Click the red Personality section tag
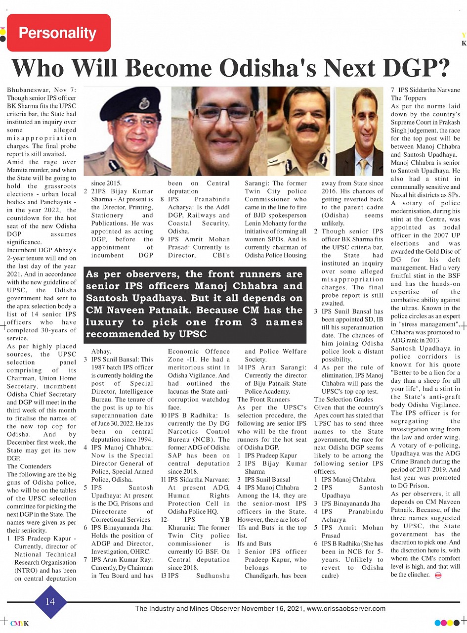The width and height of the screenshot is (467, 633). (x=58, y=33)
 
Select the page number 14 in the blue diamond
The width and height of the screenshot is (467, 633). (x=50, y=601)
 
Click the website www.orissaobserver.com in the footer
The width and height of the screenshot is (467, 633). (x=345, y=609)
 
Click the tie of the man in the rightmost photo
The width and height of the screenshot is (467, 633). (x=364, y=166)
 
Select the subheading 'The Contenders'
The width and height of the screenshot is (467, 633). (x=29, y=466)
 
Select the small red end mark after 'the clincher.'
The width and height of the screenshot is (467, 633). (x=438, y=575)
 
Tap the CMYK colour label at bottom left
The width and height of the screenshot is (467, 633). (x=19, y=623)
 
